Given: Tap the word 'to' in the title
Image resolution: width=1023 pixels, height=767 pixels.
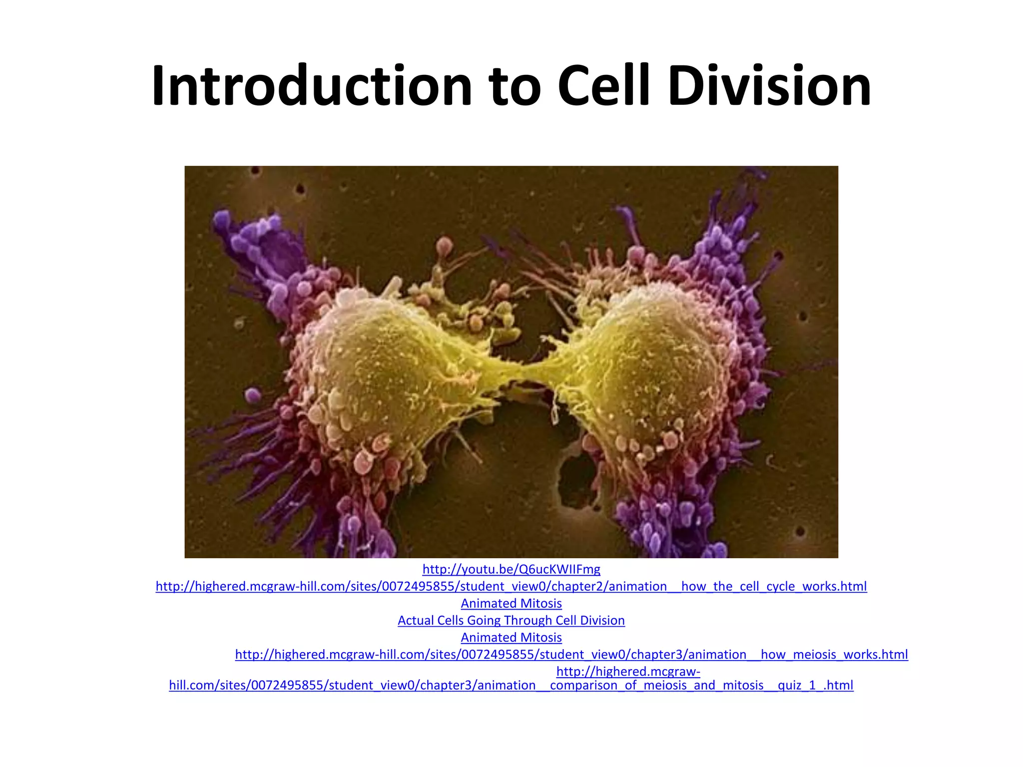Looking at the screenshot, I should (514, 86).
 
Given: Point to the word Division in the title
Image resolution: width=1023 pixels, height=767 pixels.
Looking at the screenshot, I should (769, 86).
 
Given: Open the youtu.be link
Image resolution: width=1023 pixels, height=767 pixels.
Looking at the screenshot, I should (511, 569).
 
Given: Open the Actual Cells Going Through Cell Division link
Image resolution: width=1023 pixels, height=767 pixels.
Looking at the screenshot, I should (511, 620).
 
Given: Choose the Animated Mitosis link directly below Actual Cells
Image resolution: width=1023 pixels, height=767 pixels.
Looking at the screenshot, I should (511, 638).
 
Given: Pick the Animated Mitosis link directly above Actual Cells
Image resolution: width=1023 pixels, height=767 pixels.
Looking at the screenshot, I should (511, 603).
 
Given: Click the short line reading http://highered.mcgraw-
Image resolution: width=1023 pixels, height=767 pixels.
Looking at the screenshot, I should (628, 672).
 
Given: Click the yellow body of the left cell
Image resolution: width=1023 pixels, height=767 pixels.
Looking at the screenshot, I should (380, 370).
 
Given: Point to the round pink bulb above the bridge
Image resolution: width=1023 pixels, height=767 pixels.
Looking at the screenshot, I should (444, 245).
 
